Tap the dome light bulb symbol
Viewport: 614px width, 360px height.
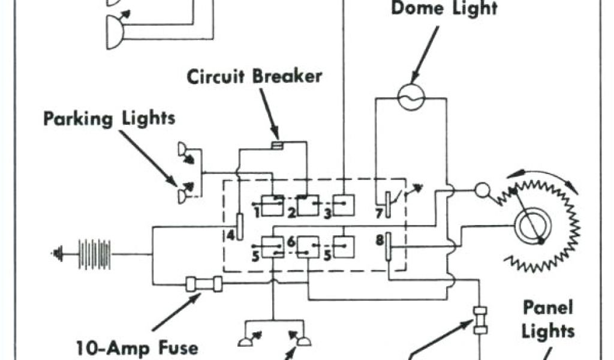412,96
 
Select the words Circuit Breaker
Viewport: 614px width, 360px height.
254,77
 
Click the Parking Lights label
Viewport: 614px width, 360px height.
109,118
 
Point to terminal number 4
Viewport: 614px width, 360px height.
231,235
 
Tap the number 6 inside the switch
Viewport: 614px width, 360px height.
291,242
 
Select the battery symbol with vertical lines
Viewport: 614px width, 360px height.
94,254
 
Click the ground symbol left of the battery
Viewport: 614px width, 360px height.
58,254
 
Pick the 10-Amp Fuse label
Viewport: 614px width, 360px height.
138,347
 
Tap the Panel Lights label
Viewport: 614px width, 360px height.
547,320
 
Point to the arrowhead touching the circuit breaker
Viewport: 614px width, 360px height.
275,137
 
